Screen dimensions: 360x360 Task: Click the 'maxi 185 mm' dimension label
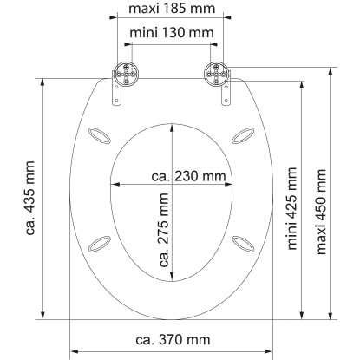[x=172, y=9]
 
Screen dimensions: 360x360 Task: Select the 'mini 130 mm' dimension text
[x=172, y=33]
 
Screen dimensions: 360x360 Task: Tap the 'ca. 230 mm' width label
[x=188, y=176]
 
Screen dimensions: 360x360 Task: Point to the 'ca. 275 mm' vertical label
[x=164, y=230]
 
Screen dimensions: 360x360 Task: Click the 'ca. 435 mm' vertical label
[x=30, y=198]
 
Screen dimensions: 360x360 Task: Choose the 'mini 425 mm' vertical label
[x=292, y=208]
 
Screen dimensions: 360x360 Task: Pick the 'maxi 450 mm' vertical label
[x=321, y=212]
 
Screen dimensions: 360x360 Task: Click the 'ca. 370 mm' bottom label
[x=173, y=339]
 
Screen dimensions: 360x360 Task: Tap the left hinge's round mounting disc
[x=126, y=74]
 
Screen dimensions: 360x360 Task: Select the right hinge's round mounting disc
[x=216, y=74]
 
